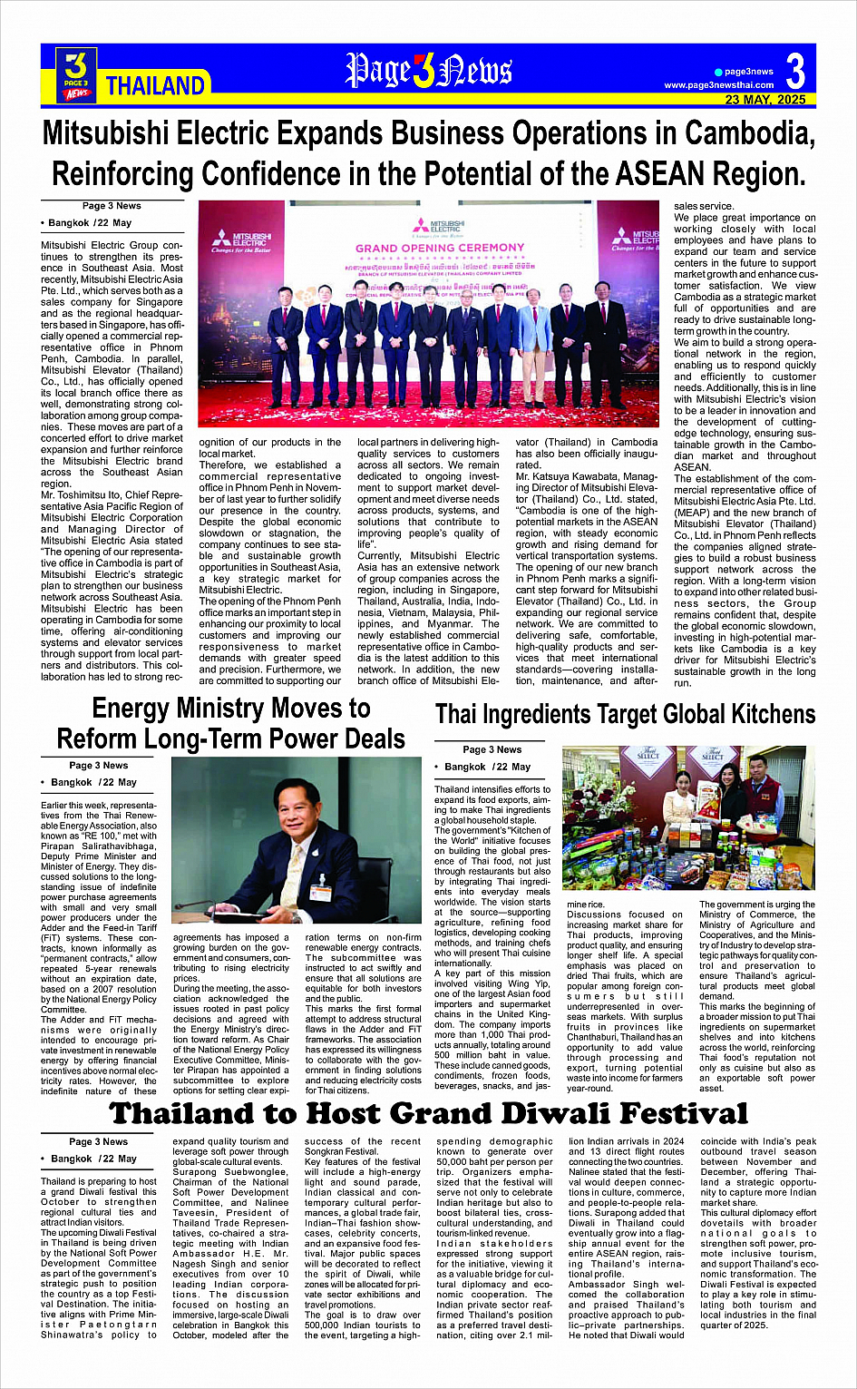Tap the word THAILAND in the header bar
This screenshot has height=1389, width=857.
point(155,86)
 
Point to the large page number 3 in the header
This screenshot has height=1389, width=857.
point(795,71)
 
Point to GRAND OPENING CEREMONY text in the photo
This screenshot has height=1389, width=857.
point(440,248)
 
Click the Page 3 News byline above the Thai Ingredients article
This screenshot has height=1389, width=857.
point(492,749)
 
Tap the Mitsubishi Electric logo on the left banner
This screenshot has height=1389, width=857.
point(239,240)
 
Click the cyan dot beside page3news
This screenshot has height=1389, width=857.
point(718,72)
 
